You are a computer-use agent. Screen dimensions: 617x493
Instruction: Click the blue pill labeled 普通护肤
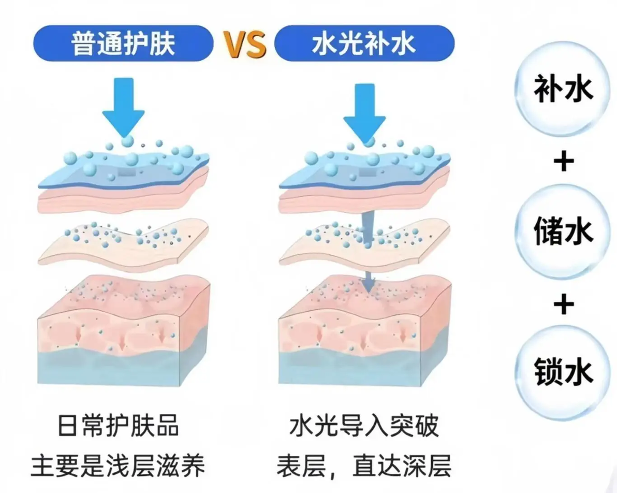click(123, 43)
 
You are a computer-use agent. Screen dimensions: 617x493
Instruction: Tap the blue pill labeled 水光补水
click(364, 43)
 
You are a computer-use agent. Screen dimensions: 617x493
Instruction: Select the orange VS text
click(244, 44)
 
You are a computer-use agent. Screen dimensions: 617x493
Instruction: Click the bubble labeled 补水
click(563, 89)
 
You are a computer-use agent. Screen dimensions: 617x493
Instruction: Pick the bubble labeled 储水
click(563, 231)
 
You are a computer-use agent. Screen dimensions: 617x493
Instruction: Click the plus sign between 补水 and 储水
click(563, 161)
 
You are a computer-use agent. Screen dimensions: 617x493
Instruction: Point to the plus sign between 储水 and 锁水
click(563, 303)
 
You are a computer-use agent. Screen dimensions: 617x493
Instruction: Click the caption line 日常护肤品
click(118, 426)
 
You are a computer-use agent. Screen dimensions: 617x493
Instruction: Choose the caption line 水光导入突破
click(364, 426)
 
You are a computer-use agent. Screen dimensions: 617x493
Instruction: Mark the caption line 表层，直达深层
click(364, 466)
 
